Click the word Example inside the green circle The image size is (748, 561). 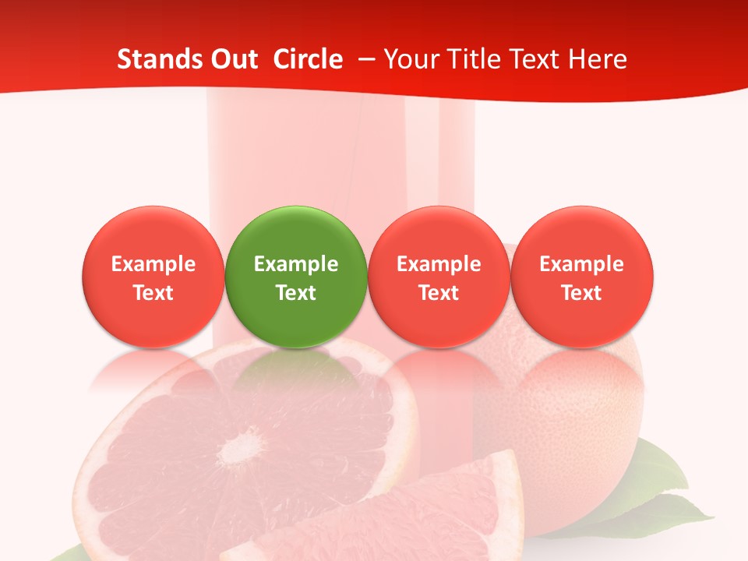(296, 264)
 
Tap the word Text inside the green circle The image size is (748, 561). (296, 293)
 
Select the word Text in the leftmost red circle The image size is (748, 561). (153, 293)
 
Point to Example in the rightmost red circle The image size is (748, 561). (582, 264)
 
